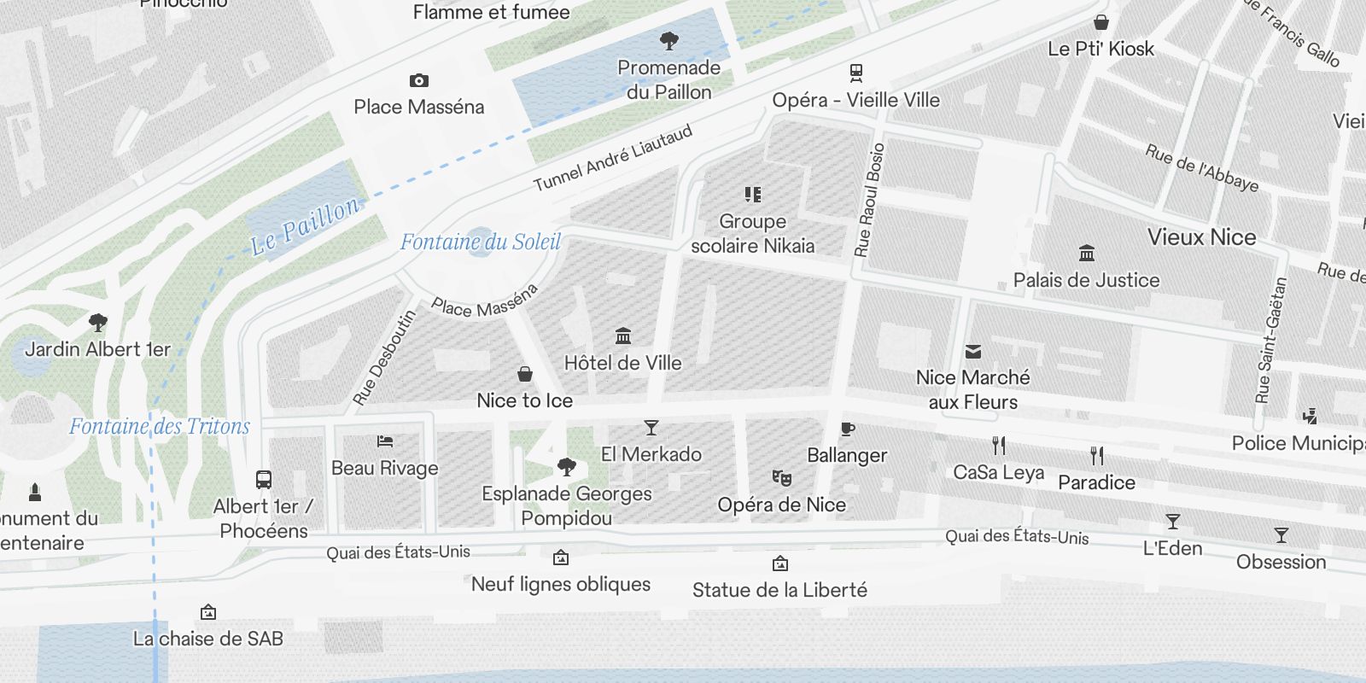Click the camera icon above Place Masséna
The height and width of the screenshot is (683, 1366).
418,80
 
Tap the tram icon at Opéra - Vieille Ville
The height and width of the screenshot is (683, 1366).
855,73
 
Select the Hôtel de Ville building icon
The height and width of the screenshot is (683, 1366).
623,336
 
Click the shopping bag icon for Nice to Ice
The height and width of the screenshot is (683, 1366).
525,374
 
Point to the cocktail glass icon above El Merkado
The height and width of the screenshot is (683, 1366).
651,427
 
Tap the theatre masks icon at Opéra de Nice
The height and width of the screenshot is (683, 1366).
781,478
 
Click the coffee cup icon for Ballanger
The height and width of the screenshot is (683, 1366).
847,429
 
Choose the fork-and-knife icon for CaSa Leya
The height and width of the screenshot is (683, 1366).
999,445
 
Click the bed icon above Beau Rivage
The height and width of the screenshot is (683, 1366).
385,441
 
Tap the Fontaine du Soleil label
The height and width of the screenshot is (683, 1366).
481,242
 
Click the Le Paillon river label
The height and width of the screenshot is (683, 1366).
305,226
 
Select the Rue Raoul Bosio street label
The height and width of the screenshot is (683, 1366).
869,201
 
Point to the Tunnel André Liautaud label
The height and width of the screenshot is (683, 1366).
612,158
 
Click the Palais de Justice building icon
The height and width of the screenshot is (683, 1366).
1087,254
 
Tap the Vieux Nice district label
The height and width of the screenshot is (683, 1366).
1201,237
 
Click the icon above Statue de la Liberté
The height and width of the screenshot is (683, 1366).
779,563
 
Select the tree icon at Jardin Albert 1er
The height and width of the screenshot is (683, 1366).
98,323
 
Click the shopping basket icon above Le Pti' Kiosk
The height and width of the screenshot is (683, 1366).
1101,22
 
